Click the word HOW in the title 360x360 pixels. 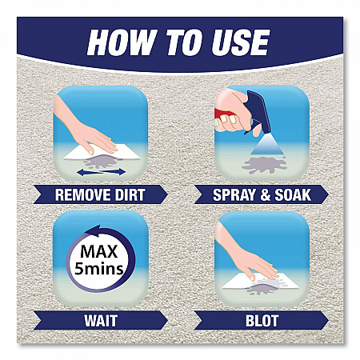(122, 42)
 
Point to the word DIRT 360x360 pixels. (130, 194)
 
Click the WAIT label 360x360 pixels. (101, 321)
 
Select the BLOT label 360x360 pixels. (262, 321)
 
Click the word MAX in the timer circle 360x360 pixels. (99, 251)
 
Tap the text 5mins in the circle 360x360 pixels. (99, 269)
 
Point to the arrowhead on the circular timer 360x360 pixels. (94, 230)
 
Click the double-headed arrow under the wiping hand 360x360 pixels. (101, 172)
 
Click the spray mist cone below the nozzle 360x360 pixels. (266, 146)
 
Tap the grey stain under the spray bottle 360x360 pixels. (264, 165)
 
